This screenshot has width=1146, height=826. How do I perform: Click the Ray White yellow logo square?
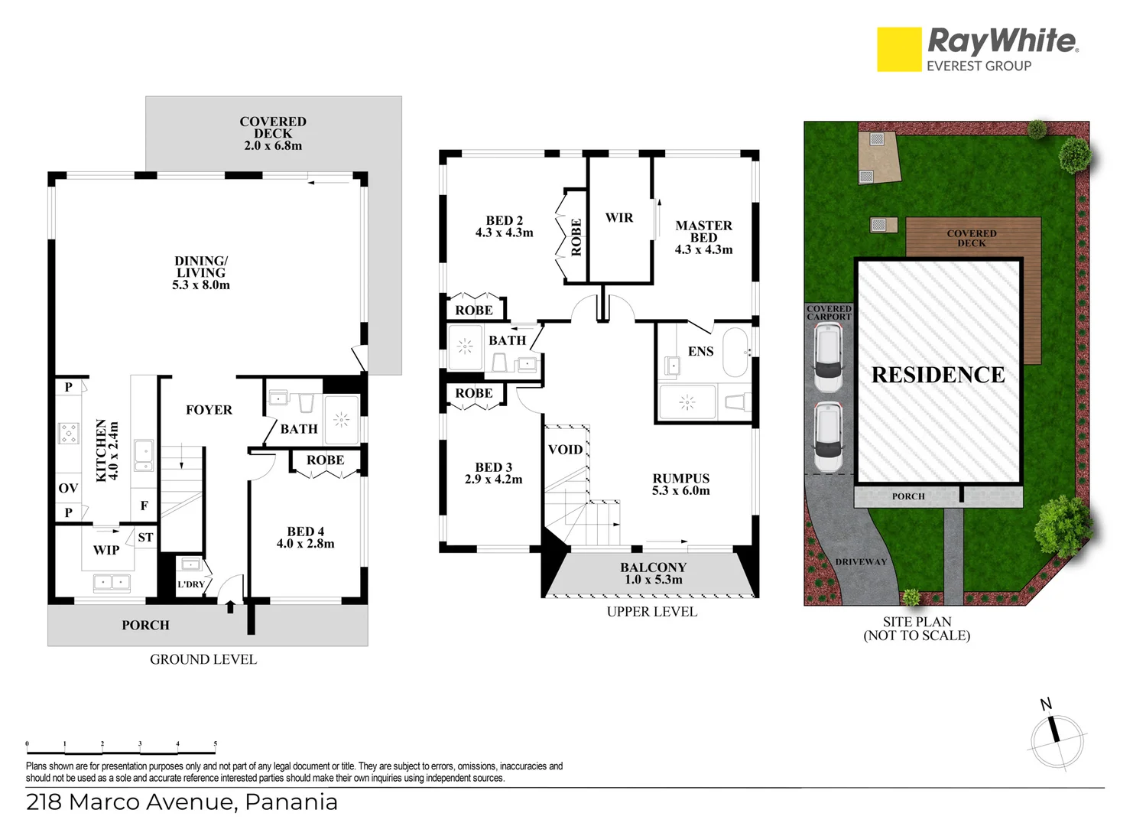point(899,50)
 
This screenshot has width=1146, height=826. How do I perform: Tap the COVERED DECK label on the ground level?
point(273,133)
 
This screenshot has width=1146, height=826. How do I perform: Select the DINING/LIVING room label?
point(201,272)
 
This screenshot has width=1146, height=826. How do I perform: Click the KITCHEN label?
point(107,450)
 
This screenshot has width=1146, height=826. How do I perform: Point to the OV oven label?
point(68,488)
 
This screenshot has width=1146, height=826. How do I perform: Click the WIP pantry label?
point(106,550)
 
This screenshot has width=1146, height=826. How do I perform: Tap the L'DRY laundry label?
point(190,584)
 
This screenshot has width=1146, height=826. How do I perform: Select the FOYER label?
point(209,410)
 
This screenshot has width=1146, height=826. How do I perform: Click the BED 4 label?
point(305,537)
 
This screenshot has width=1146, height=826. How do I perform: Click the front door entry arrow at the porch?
point(230,607)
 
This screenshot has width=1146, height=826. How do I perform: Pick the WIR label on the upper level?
point(619,218)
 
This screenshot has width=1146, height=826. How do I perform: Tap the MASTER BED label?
point(703,237)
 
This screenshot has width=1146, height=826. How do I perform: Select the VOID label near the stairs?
point(565,450)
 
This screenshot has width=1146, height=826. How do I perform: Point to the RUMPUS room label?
point(680,484)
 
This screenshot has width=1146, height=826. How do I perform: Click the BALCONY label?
point(653,573)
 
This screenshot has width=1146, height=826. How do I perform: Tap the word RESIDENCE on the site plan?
point(938,375)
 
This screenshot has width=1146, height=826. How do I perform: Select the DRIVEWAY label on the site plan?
point(861,561)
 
